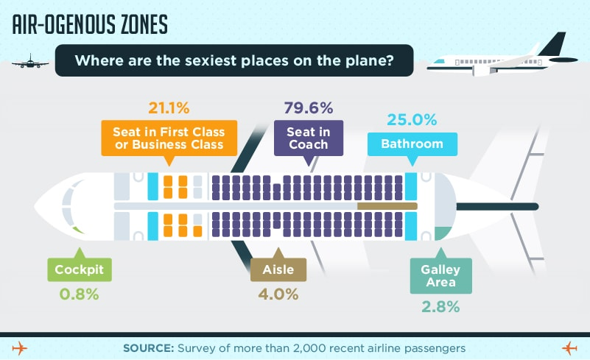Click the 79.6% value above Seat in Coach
(x=309, y=108)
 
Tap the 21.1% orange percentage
(x=169, y=108)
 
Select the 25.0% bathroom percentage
(x=412, y=120)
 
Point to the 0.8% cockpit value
(x=79, y=294)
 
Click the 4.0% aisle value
(x=278, y=294)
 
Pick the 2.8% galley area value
(x=440, y=307)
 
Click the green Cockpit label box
(x=80, y=269)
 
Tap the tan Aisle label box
(x=278, y=269)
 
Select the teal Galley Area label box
(x=441, y=276)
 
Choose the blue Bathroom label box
(x=412, y=144)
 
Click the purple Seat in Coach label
(x=309, y=138)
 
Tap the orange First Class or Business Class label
(x=169, y=138)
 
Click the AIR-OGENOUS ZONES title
(x=90, y=25)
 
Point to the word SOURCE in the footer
(x=148, y=348)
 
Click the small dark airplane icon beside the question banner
(x=30, y=61)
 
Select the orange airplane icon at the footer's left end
(x=20, y=348)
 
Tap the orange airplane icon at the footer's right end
(x=569, y=348)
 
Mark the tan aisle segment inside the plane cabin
(x=387, y=206)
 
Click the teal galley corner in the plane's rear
(x=443, y=233)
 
